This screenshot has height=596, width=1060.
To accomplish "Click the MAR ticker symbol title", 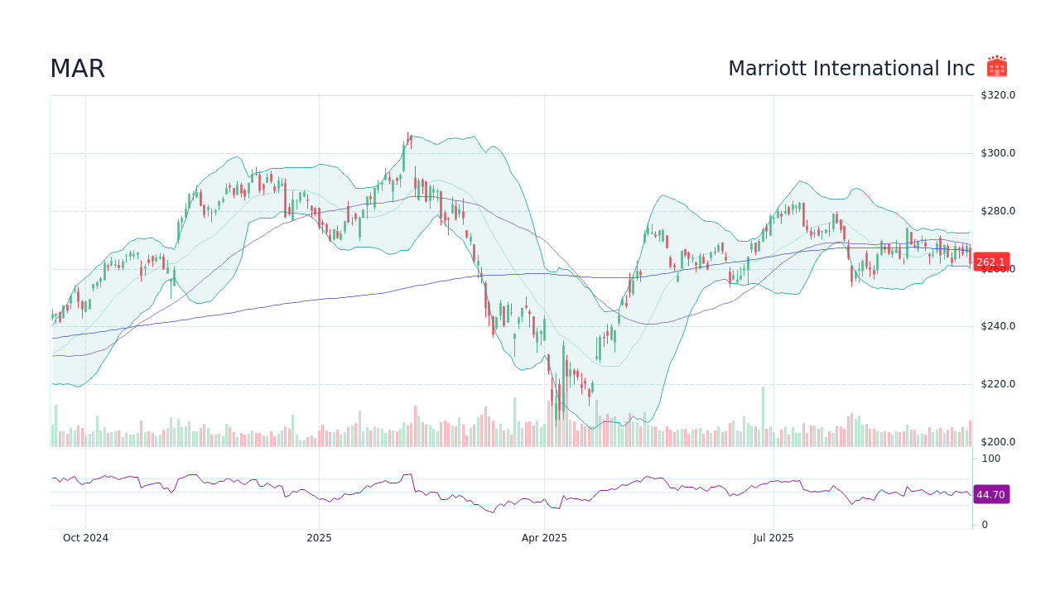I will click(x=77, y=69).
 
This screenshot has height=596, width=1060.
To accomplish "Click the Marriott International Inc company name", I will click(x=851, y=69).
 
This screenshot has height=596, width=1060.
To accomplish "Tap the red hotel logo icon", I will click(x=997, y=67).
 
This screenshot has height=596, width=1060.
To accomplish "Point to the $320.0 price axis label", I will click(x=997, y=95).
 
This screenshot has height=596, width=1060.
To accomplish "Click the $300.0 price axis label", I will click(x=997, y=153).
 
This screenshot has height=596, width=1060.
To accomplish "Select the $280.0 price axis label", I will click(x=997, y=211).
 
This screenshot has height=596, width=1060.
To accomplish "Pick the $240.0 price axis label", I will click(x=997, y=326).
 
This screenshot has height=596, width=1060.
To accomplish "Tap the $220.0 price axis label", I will click(x=997, y=384).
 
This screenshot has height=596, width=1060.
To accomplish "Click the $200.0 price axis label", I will click(x=997, y=442).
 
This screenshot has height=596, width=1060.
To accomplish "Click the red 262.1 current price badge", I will click(x=990, y=262).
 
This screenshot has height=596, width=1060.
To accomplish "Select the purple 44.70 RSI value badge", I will click(x=990, y=494).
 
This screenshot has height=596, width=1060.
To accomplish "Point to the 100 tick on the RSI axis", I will click(x=990, y=459).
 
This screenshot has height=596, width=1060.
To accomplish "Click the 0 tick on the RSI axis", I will click(x=985, y=525).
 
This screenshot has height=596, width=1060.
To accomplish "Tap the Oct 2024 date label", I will click(x=85, y=538).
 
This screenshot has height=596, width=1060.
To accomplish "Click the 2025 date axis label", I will click(x=319, y=538).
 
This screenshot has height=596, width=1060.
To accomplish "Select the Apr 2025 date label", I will click(x=544, y=538).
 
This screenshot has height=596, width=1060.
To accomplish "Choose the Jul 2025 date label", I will click(x=773, y=538).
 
